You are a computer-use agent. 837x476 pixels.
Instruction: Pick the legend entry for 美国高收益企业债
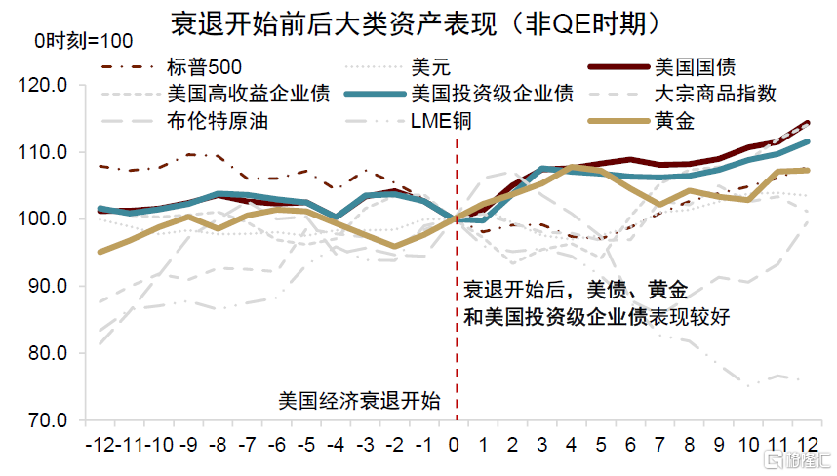click(x=249, y=95)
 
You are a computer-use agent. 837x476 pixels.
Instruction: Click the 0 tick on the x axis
click(x=455, y=445)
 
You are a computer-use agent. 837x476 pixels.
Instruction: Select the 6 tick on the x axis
click(x=631, y=445)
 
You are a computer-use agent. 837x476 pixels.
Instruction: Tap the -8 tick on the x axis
click(x=219, y=445)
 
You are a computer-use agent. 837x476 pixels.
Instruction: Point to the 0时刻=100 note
click(x=84, y=42)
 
